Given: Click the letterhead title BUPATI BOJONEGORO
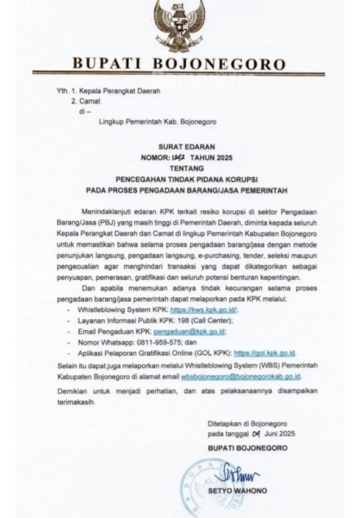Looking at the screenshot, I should [x=179, y=65].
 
